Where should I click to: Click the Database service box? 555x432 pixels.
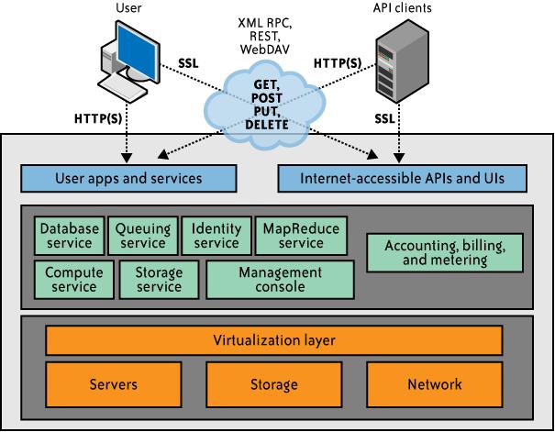click(70, 236)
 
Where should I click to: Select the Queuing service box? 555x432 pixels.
click(143, 236)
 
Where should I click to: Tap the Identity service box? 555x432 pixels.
click(216, 236)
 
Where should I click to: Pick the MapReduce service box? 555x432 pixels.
click(301, 236)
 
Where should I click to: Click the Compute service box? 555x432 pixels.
click(74, 280)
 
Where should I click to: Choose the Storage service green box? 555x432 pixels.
click(160, 280)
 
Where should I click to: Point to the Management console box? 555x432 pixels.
click(281, 280)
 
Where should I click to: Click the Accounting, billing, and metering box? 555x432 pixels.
click(445, 252)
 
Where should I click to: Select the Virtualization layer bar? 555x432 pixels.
click(274, 340)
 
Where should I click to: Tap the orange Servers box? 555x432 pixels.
click(114, 384)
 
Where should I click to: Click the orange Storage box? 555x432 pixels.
click(274, 384)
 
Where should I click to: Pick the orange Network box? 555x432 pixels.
click(435, 384)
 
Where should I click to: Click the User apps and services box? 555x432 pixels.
click(128, 178)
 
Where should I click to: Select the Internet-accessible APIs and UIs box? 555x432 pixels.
click(403, 178)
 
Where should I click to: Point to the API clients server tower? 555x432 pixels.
click(402, 61)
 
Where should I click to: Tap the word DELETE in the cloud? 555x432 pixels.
click(267, 125)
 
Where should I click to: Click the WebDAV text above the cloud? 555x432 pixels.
click(265, 49)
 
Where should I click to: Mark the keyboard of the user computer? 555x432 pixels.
click(122, 88)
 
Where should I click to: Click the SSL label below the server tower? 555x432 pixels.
click(384, 118)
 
